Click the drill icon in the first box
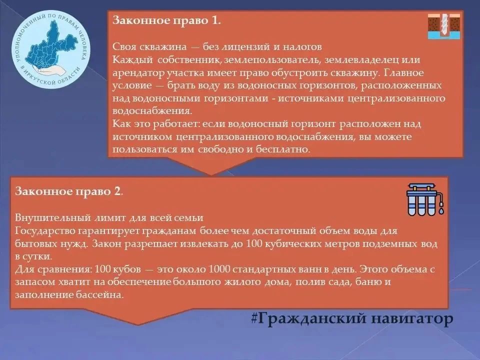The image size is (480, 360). click(444, 26)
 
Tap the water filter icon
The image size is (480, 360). click(425, 199)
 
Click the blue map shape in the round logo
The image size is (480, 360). click(51, 46)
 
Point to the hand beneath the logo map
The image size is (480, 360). click(51, 70)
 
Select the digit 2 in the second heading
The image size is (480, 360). click(117, 191)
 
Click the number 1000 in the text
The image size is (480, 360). click(219, 269)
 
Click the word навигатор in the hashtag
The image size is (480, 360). click(412, 318)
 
